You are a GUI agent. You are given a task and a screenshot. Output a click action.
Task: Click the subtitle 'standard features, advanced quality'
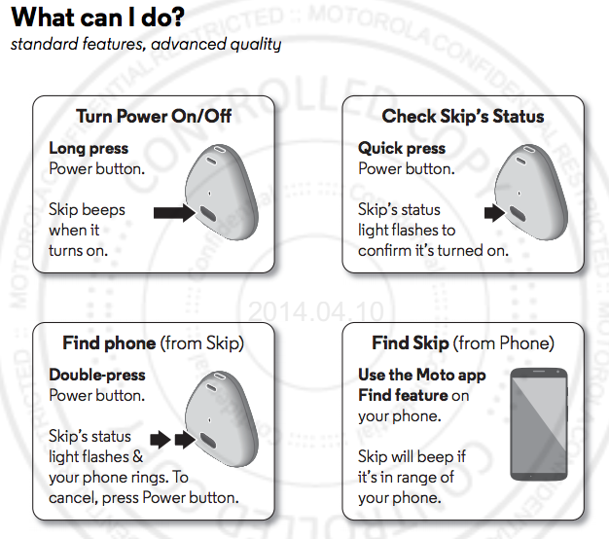tap(146, 45)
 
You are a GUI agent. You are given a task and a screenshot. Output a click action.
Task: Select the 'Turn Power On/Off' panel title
tap(153, 117)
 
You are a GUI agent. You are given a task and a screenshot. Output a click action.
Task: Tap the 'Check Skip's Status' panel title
tap(462, 117)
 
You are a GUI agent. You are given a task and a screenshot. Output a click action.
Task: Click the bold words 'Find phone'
tap(109, 343)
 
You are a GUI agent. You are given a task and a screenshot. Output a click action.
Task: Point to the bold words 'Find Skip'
tap(411, 343)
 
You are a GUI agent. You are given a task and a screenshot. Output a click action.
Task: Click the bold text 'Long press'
tap(89, 149)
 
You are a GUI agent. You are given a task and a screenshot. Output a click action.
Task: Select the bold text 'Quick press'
tap(402, 149)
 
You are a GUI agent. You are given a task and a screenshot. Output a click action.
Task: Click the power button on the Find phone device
tap(207, 440)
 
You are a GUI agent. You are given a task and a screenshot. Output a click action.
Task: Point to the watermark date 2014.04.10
tap(304, 312)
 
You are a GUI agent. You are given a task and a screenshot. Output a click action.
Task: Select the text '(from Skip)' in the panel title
tap(202, 343)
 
